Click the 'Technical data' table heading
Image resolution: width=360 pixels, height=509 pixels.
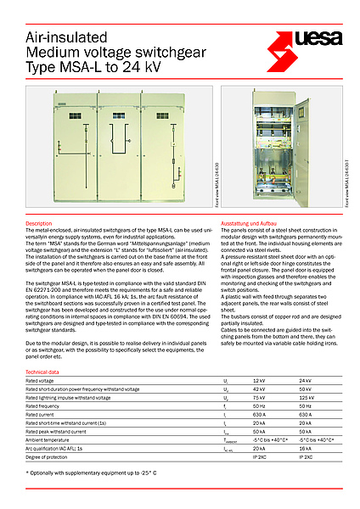tap(43, 372)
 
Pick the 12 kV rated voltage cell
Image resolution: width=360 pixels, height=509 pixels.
tap(260, 381)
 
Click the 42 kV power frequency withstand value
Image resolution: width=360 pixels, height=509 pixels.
tap(260, 389)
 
